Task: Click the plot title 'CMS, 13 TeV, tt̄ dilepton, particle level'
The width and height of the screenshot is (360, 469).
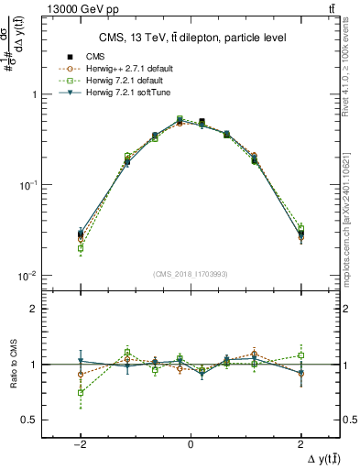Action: click(191, 38)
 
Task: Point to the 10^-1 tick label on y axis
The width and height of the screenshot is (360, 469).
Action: click(29, 185)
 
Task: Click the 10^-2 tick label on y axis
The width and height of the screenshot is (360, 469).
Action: click(29, 276)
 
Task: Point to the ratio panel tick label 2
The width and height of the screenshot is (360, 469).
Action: click(36, 309)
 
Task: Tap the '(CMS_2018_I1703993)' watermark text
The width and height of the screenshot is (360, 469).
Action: click(191, 273)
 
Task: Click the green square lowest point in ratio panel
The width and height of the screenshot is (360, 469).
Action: click(81, 392)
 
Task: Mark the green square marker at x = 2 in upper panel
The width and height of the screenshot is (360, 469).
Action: click(300, 228)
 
